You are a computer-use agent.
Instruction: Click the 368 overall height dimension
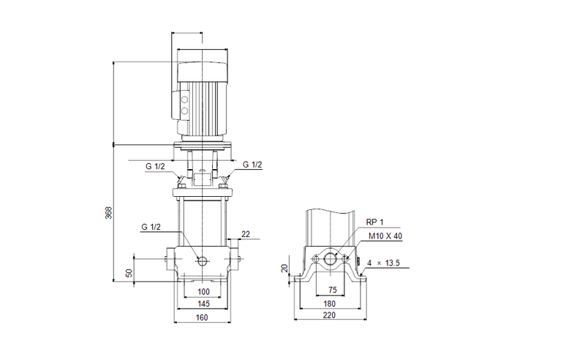tap(109, 213)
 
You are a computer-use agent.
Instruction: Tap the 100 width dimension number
tap(203, 292)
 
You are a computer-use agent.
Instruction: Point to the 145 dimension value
tap(203, 304)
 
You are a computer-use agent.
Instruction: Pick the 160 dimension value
tap(203, 318)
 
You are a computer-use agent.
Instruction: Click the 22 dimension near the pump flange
tap(245, 233)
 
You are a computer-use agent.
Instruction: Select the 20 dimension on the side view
tap(285, 269)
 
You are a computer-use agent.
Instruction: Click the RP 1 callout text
tap(374, 221)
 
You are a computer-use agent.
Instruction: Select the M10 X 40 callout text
tap(385, 236)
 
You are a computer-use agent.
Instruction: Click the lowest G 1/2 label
tap(151, 228)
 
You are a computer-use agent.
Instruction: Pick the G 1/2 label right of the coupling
tap(252, 165)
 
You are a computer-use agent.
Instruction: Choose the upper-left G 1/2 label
tap(154, 167)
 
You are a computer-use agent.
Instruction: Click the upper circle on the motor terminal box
tap(184, 99)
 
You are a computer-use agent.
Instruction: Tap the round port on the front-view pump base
tap(203, 261)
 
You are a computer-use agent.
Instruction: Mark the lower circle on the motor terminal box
tap(184, 112)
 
